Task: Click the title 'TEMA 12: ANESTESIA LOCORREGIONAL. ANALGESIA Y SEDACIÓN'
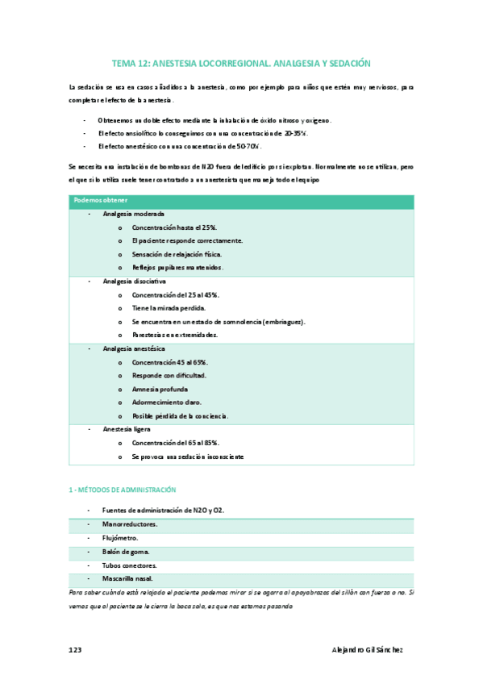coord(240,62)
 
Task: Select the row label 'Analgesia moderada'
coord(134,215)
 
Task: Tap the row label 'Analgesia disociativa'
coord(135,282)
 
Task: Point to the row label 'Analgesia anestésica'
coord(134,349)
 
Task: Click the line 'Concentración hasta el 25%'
coord(175,228)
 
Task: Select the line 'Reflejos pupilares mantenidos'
coord(178,268)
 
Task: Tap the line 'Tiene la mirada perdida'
coord(169,308)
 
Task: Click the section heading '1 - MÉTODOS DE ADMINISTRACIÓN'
coord(122,490)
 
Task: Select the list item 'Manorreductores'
coord(131,524)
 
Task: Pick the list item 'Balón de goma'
coord(127,552)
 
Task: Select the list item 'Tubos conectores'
coord(129,565)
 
